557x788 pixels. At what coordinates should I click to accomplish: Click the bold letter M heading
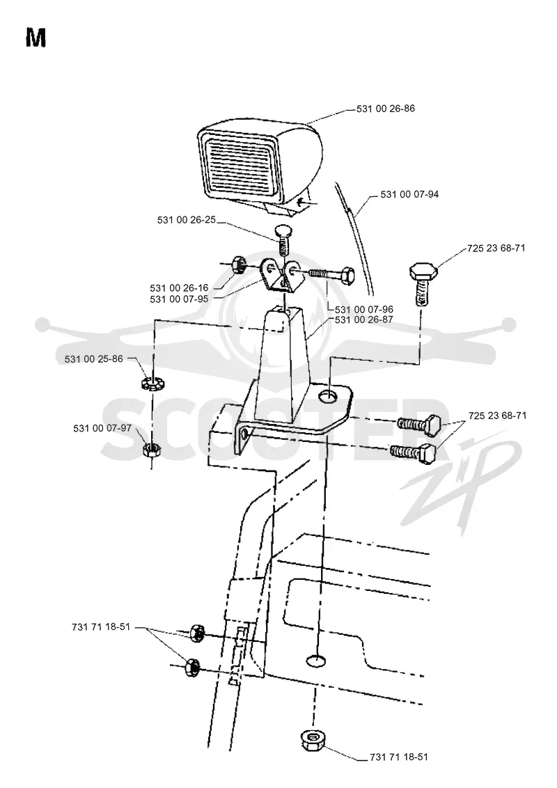36,38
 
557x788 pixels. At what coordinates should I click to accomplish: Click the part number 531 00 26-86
386,109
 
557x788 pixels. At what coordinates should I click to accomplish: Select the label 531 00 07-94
409,194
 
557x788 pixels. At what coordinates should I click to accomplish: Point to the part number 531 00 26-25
187,219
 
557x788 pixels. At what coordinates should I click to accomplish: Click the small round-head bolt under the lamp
283,239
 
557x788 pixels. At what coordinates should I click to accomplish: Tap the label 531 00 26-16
179,288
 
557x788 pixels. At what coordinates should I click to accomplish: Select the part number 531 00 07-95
179,299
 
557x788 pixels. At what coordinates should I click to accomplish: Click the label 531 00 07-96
364,310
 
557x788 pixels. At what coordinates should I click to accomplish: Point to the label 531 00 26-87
364,320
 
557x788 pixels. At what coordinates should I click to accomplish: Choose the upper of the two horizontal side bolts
419,424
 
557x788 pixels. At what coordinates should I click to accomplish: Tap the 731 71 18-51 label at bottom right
399,757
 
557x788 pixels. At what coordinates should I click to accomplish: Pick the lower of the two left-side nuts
191,668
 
